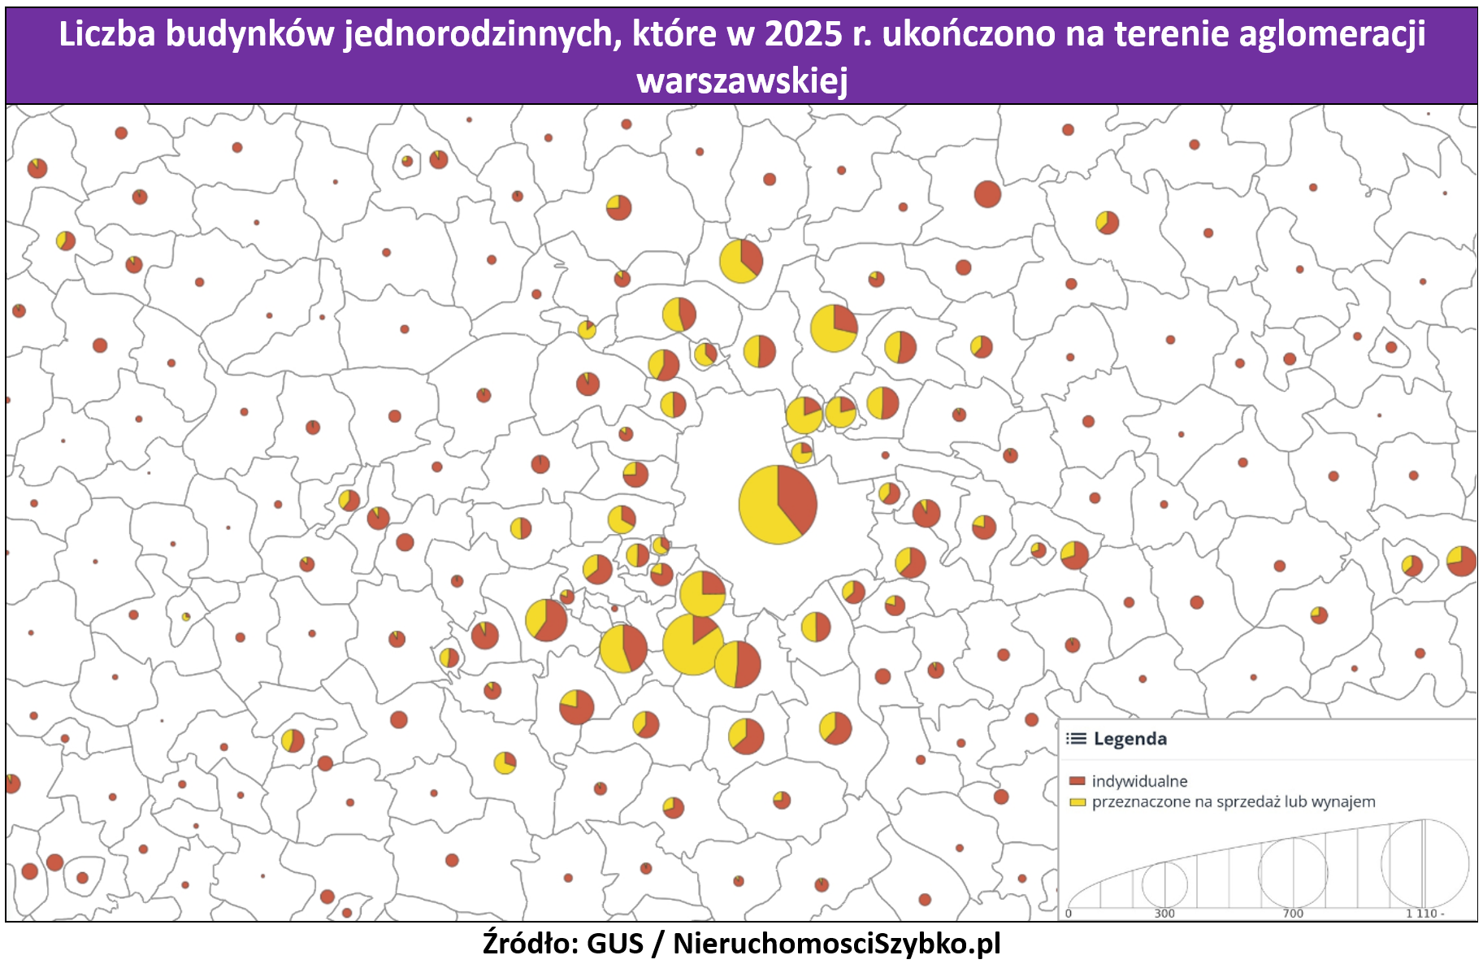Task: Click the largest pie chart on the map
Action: (x=778, y=504)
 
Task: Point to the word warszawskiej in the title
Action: (x=742, y=80)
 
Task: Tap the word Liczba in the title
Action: (x=107, y=34)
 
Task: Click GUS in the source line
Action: (x=614, y=943)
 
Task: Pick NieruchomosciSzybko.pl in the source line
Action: (x=837, y=943)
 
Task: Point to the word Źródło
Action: (x=530, y=943)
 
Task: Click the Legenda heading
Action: (x=1130, y=739)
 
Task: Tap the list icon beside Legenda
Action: (x=1076, y=739)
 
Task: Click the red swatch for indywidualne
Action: (x=1078, y=781)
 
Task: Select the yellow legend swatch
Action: (x=1078, y=802)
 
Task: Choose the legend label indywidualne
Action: (x=1139, y=781)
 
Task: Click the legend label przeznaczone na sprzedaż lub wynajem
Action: (x=1234, y=802)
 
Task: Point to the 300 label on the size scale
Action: (x=1164, y=914)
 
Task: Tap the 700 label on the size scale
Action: (x=1293, y=914)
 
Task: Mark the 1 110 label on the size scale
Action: (x=1423, y=914)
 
